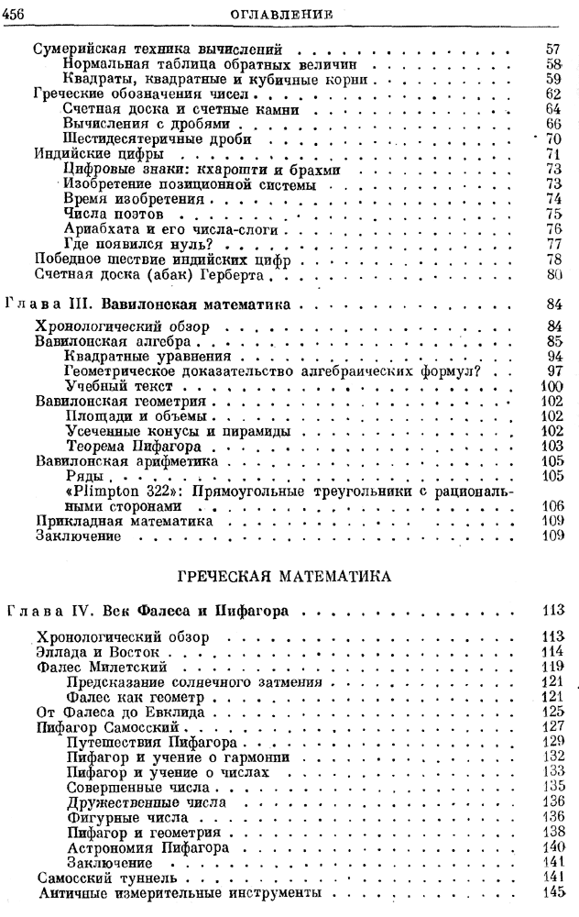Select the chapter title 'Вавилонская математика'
click(186, 303)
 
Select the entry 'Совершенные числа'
click(134, 788)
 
